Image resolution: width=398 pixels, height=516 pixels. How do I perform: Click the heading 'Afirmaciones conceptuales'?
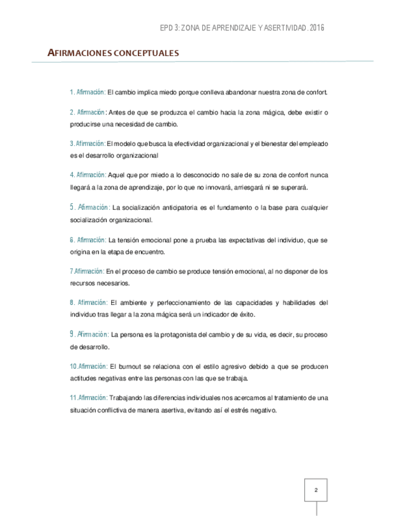tap(113, 54)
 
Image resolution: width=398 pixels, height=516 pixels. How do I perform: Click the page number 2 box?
tap(315, 490)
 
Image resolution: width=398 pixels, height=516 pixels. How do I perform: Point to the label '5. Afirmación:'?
tap(89, 207)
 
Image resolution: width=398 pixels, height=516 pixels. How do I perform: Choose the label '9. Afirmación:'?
tap(89, 334)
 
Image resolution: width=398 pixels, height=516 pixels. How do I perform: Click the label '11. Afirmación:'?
tap(89, 397)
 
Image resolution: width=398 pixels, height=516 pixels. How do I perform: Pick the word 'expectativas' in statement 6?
tap(222, 240)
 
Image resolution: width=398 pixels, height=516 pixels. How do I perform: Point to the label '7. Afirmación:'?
tap(87, 271)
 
